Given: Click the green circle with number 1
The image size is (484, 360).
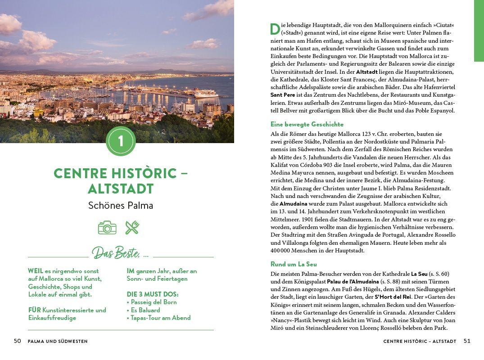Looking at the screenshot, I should (121, 141).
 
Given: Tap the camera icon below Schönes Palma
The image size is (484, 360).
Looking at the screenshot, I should (107, 228).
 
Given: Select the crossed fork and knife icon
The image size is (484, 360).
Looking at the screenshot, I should (132, 228).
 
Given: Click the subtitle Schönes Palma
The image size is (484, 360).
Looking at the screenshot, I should (121, 206).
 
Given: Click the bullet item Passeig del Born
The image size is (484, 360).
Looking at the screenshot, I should (153, 302).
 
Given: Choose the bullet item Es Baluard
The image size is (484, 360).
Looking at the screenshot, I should (145, 310).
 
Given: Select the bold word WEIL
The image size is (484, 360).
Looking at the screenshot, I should (36, 271).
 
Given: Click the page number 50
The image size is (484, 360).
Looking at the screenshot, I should (18, 341).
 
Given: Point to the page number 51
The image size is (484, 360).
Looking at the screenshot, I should (467, 341).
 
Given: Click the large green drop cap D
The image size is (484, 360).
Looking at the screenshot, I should (275, 29).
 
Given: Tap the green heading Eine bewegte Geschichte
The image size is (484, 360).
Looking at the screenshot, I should (307, 124).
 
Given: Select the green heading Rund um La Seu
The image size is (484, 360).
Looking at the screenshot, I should (294, 264).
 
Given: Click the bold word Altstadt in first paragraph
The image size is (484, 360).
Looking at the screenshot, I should (367, 72).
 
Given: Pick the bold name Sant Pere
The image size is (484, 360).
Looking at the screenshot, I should (283, 95).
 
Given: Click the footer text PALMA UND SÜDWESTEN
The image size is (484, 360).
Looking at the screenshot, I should (58, 342).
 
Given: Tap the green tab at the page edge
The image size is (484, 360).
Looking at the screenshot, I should (479, 31).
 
